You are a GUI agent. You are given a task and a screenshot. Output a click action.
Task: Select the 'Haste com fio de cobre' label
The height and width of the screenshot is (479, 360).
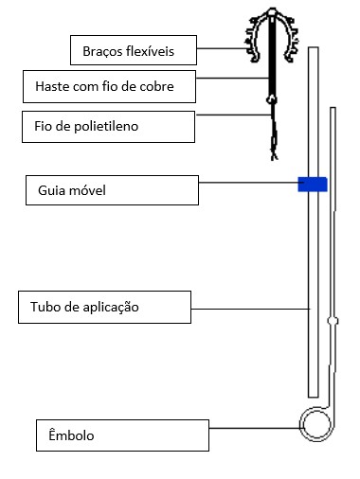tap(112, 87)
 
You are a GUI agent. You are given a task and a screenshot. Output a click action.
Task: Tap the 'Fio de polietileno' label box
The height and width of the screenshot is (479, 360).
tap(112, 123)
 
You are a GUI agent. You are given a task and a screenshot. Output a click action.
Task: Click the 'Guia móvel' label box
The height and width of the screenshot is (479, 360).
tap(111, 190)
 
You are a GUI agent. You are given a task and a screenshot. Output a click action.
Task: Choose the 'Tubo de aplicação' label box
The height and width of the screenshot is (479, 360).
tap(104, 307)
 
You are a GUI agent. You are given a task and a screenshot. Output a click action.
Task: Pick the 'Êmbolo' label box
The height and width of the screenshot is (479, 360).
tap(121, 435)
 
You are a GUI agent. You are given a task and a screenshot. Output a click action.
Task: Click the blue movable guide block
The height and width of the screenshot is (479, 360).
tap(313, 184)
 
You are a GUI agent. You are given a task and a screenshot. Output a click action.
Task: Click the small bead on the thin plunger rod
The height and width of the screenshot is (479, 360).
tap(333, 321)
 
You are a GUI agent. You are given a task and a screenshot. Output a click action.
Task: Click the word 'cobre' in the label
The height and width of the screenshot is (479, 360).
tap(178, 88)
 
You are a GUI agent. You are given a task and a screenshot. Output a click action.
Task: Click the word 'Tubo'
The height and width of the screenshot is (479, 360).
tap(45, 307)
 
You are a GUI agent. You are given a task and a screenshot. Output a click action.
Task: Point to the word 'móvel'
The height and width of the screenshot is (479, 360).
tap(90, 191)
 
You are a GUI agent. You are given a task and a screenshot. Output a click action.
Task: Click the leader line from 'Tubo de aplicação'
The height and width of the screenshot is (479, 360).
tap(251, 309)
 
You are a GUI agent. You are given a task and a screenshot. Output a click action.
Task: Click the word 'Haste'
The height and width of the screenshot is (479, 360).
tap(52, 88)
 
